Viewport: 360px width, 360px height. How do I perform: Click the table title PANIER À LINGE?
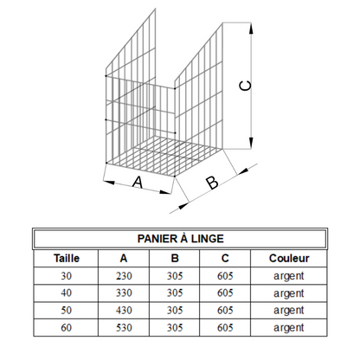tap(181, 239)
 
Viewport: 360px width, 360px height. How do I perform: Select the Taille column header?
tap(67, 258)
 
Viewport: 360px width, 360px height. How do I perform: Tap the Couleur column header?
tap(289, 258)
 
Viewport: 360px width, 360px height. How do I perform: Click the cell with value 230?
tap(124, 276)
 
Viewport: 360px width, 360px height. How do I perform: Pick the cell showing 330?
tap(124, 293)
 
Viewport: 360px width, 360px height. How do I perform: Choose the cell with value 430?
tap(124, 311)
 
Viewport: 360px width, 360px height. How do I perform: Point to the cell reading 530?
tap(124, 328)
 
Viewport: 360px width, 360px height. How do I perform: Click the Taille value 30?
tap(66, 276)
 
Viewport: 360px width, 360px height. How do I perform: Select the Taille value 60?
tap(66, 328)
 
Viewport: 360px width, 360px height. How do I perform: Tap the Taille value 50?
tap(66, 311)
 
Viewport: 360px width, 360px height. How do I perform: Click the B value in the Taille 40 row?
tap(175, 293)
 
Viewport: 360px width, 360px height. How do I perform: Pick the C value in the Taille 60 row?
tap(225, 328)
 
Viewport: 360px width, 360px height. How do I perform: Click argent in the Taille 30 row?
tap(289, 276)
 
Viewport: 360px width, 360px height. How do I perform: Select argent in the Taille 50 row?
tap(289, 311)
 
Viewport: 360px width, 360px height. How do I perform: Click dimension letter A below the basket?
tap(138, 183)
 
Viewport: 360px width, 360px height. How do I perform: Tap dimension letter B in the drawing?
tap(212, 183)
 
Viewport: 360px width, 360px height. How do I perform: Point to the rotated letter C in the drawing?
tap(246, 86)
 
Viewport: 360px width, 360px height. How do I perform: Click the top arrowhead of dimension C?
tap(251, 29)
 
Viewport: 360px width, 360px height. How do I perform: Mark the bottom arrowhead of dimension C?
tap(251, 143)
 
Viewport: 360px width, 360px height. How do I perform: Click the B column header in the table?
tap(175, 258)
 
